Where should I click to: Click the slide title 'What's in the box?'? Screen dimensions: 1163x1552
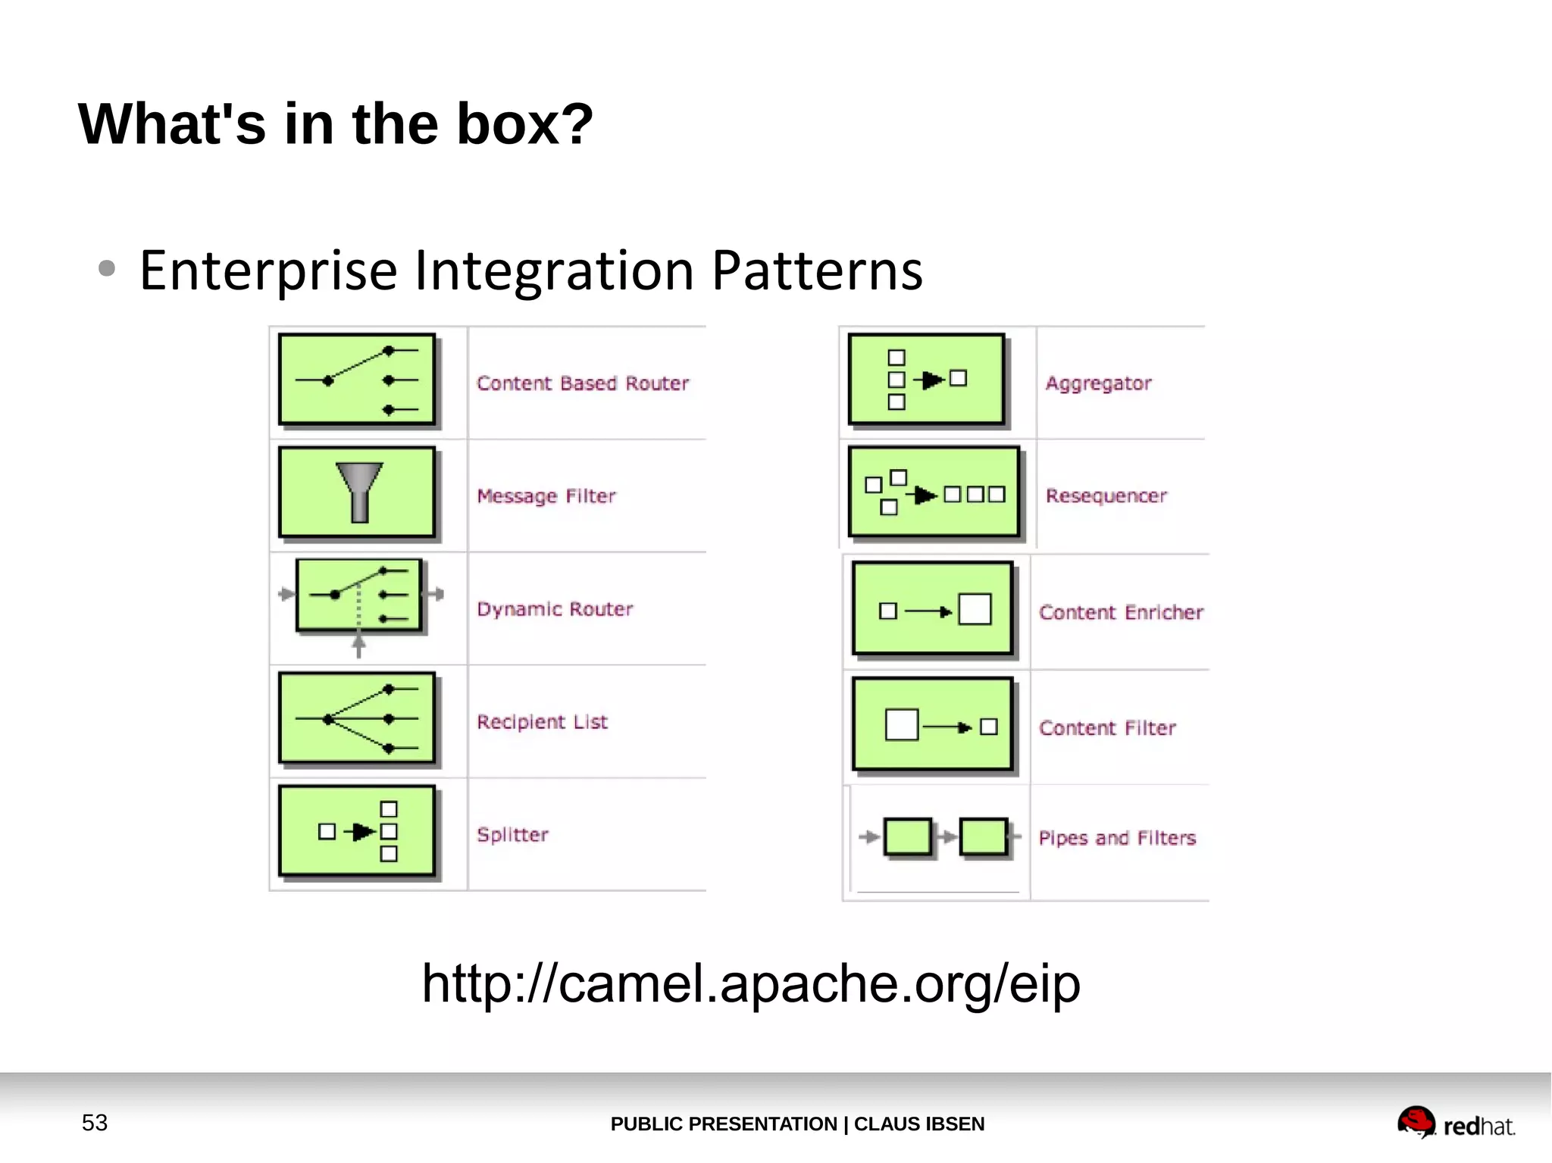click(x=335, y=124)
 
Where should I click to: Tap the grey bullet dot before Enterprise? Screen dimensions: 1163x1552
click(x=107, y=268)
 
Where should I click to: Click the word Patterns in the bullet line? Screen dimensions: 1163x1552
click(x=817, y=270)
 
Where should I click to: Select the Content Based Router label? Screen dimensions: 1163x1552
click(x=582, y=383)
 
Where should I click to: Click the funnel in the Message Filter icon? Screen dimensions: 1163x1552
click(x=359, y=491)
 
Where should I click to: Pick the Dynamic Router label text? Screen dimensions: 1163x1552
click(x=555, y=609)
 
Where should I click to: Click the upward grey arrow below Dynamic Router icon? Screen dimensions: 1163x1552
click(x=359, y=646)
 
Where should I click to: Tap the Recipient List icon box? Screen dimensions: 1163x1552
click(x=357, y=718)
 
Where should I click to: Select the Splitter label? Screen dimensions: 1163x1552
click(x=512, y=835)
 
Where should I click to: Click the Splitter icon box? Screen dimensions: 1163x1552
click(x=357, y=831)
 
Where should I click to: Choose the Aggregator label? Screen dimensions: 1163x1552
click(x=1098, y=383)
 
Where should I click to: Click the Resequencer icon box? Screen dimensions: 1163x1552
click(x=934, y=492)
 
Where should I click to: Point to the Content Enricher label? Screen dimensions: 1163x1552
click(x=1121, y=612)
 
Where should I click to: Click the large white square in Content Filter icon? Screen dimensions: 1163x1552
click(x=902, y=725)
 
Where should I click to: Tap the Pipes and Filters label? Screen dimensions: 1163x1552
click(x=1117, y=838)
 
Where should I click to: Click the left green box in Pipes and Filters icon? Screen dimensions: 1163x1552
click(x=908, y=837)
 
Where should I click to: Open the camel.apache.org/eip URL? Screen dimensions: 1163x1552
click(x=751, y=983)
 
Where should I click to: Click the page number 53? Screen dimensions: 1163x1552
click(x=95, y=1123)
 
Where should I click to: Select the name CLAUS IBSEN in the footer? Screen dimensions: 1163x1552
click(x=918, y=1124)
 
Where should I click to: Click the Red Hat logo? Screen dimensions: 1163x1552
click(x=1456, y=1124)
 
